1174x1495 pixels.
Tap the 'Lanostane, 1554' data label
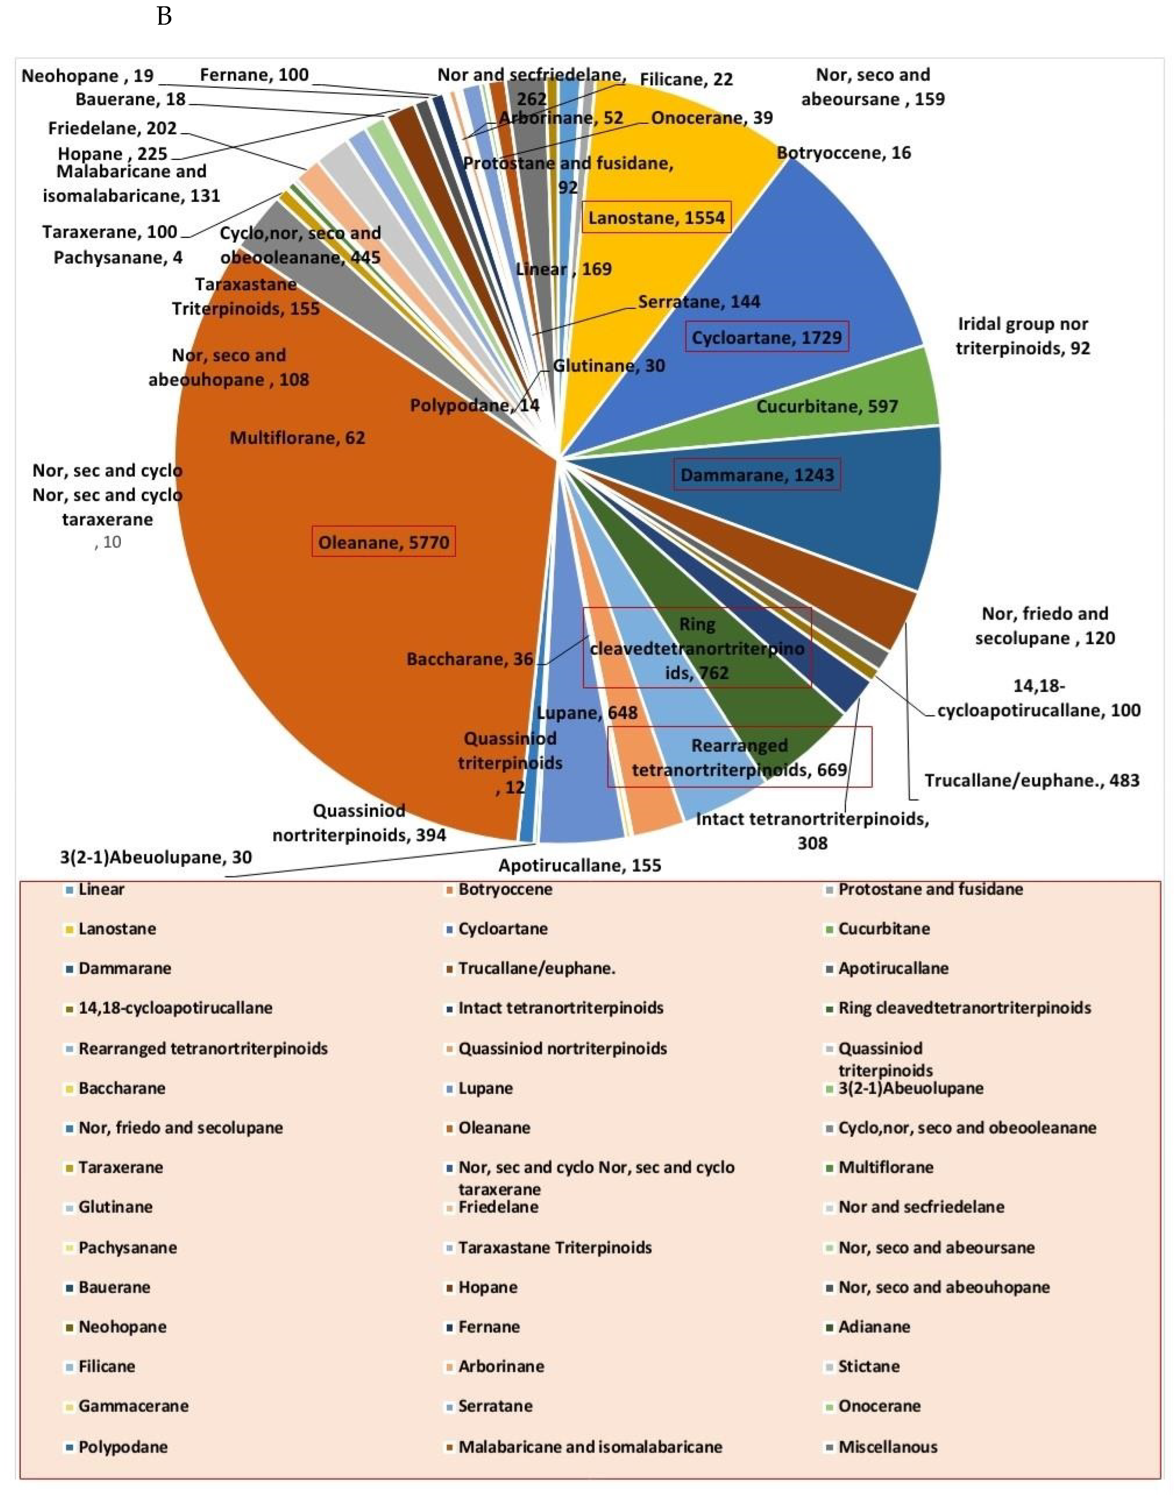click(x=656, y=218)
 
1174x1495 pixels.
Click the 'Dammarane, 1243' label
click(x=757, y=475)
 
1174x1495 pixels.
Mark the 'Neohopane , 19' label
click(x=87, y=76)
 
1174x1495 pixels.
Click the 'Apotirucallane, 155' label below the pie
click(x=579, y=866)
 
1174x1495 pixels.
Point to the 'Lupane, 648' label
click(x=586, y=713)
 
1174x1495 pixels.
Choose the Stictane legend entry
click(x=868, y=1366)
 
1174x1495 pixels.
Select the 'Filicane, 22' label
click(x=686, y=80)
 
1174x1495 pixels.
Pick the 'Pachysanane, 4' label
click(x=118, y=258)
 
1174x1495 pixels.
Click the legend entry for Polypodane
click(x=122, y=1447)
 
